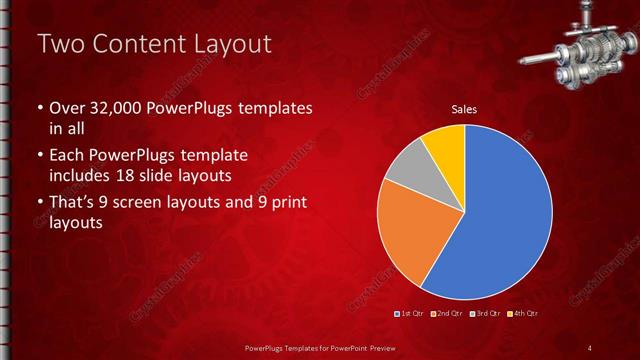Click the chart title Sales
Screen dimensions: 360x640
click(x=464, y=108)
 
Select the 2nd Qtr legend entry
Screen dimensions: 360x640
click(x=447, y=314)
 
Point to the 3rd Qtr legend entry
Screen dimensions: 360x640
click(x=485, y=314)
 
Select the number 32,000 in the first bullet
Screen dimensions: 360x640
click(x=113, y=107)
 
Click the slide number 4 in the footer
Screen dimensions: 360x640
click(x=590, y=347)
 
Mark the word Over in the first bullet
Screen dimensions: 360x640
click(x=66, y=107)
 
